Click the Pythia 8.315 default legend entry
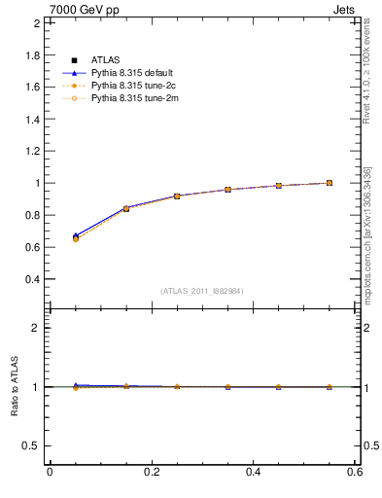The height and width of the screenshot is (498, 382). click(x=134, y=73)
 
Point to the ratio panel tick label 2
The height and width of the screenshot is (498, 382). click(x=38, y=328)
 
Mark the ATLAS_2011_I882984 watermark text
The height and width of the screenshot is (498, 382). click(x=202, y=291)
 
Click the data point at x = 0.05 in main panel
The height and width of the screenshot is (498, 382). click(x=76, y=237)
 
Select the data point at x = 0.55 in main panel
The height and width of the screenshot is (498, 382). click(x=330, y=182)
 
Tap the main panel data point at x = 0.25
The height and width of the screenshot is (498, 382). click(x=177, y=196)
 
